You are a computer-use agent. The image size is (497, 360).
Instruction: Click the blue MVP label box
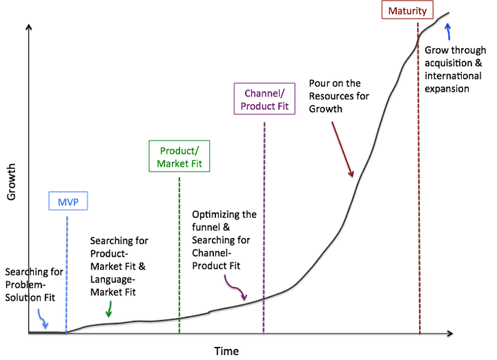68,201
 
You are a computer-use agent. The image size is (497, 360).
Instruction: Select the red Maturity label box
407,10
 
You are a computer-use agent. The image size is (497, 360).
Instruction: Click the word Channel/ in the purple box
264,93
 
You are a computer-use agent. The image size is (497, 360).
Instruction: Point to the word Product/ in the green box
179,150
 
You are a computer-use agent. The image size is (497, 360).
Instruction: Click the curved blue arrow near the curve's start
42,318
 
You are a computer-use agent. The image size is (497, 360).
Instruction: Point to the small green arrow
108,309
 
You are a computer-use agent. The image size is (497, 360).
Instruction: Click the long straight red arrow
342,149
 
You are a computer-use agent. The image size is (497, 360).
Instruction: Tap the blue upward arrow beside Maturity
448,30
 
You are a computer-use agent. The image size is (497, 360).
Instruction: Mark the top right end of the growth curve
449,12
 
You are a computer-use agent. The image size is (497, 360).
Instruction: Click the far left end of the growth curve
30,332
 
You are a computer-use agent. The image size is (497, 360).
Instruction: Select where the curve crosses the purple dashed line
264,298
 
